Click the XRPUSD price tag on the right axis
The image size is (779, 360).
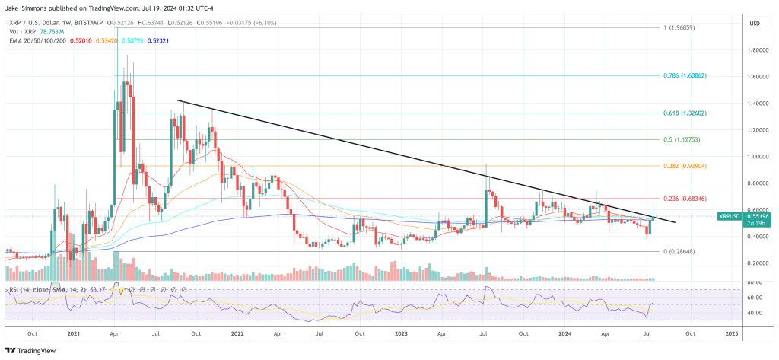point(732,217)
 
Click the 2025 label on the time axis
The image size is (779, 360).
point(732,333)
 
